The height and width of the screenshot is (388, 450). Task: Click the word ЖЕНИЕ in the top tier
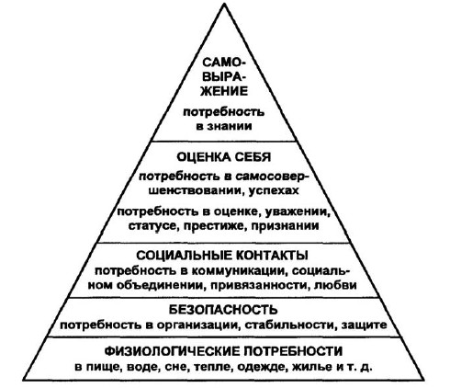[x=224, y=91]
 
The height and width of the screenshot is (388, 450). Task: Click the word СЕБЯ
[x=253, y=157]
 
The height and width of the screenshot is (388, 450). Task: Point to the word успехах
[x=274, y=190]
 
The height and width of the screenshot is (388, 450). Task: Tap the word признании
[x=285, y=226]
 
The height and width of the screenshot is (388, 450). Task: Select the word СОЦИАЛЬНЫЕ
[x=183, y=256]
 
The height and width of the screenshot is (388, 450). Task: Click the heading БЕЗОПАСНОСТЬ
[x=223, y=310]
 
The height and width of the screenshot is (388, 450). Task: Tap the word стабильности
[x=289, y=325]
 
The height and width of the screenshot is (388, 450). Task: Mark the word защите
[x=365, y=325]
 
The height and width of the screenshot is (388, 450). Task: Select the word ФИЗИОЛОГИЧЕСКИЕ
[x=172, y=351]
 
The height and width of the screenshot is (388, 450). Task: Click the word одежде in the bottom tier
[x=263, y=367]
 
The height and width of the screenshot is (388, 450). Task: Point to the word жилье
[x=312, y=367]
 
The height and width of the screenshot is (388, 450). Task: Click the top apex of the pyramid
[x=224, y=4]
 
